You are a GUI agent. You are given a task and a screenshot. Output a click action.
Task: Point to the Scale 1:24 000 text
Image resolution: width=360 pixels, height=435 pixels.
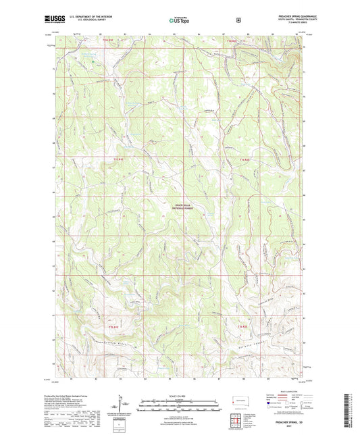tap(180, 394)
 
